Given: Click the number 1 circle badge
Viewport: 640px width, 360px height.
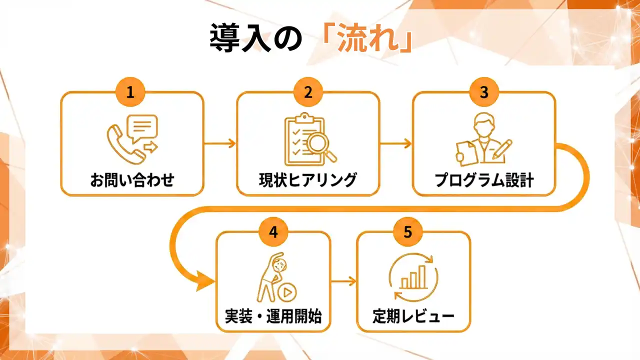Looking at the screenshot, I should click(130, 92).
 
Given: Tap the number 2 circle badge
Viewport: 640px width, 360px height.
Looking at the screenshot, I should click(307, 92).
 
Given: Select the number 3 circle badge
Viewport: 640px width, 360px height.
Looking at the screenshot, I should click(483, 92).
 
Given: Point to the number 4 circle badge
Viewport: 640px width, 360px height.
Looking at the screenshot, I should click(272, 232).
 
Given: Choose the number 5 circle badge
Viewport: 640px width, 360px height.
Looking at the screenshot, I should click(407, 232).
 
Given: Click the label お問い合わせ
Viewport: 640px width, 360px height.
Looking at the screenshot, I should click(132, 179).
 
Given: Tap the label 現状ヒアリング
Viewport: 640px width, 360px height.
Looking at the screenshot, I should click(308, 179).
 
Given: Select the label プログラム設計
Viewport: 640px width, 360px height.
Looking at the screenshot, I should click(483, 179).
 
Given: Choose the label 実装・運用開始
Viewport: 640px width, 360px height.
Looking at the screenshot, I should click(272, 316).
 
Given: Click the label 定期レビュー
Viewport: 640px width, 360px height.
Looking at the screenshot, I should click(413, 316).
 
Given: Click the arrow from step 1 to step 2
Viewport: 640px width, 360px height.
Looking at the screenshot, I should click(220, 144).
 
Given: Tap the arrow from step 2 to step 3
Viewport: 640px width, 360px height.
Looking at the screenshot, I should click(395, 144).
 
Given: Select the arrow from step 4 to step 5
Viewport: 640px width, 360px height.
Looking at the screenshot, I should click(343, 282).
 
